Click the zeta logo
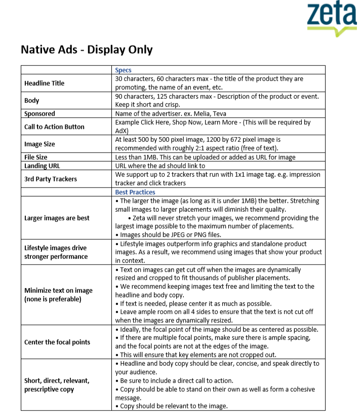coord(331,18)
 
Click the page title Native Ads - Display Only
coord(87,50)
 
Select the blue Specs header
coord(124,70)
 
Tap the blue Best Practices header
coord(135,193)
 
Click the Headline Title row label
coord(45,83)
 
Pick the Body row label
coord(32,100)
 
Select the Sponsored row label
coord(39,113)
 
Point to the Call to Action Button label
coord(54,127)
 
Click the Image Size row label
coord(39,144)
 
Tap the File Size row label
coord(36,158)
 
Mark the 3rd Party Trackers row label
coord(51,179)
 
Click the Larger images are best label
coord(57,218)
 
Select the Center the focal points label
coord(57,342)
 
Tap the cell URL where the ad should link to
coord(160,166)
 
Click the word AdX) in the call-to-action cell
coord(122,131)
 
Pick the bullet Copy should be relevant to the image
coord(172,406)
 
